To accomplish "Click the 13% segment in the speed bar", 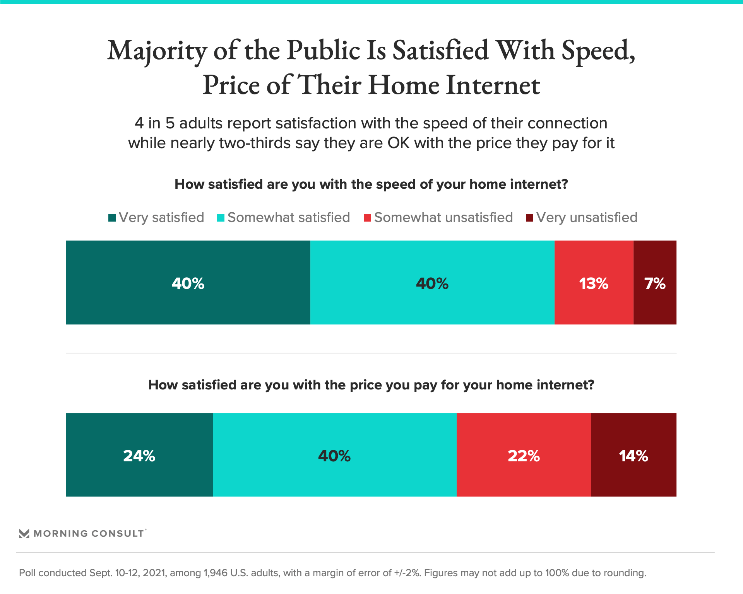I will coord(594,283).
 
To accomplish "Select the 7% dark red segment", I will coord(655,283).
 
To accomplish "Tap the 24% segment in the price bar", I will coord(139,455).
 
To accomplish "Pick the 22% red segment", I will coord(524,455).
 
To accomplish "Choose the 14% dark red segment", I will coord(633,455).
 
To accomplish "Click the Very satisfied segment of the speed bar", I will coord(188,283).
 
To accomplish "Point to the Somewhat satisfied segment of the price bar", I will coord(334,455).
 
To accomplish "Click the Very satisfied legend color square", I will coord(112,218).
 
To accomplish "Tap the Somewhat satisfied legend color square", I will coord(221,218).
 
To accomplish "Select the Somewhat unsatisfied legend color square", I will coord(368,218).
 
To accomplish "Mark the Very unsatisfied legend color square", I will coord(530,218).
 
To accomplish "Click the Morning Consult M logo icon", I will coord(24,534).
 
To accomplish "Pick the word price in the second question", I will coord(364,385).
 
